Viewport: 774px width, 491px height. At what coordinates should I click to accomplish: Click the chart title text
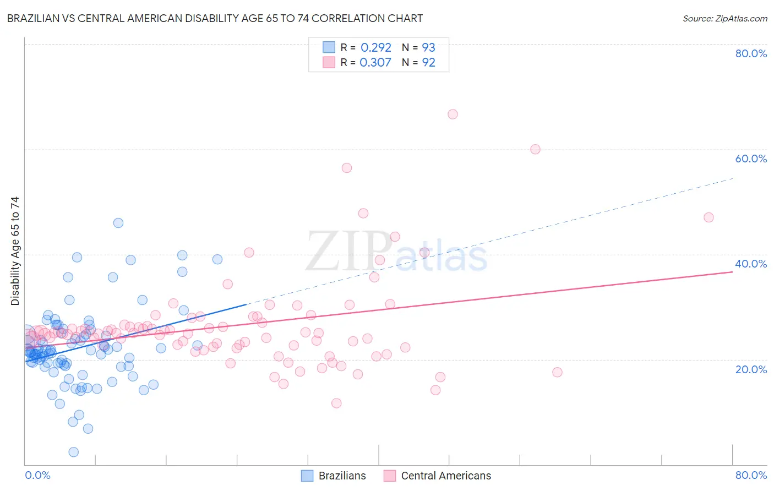point(215,18)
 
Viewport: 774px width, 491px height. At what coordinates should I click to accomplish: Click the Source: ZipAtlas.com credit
point(724,19)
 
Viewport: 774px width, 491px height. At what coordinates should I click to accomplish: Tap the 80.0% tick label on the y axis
point(751,53)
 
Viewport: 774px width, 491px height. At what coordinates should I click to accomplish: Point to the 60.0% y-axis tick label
point(751,159)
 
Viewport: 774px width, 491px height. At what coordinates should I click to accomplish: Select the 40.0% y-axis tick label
point(751,264)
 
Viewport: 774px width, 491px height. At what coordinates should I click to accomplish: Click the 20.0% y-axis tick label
point(751,369)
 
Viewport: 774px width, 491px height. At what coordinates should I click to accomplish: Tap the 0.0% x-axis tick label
point(37,475)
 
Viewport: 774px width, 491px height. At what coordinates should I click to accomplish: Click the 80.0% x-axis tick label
point(751,475)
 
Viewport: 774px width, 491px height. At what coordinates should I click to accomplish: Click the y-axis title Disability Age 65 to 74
point(15,251)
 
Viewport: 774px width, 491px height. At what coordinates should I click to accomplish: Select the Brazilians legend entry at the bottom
point(342,476)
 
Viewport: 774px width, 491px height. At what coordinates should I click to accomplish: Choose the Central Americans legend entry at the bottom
point(445,476)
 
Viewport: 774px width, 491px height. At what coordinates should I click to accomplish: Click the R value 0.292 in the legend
point(375,48)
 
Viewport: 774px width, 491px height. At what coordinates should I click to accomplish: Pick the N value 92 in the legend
point(428,63)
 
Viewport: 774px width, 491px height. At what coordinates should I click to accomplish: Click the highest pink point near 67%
point(453,114)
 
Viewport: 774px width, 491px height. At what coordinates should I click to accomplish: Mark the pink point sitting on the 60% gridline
point(535,149)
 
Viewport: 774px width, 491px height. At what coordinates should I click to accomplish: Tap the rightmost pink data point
point(708,217)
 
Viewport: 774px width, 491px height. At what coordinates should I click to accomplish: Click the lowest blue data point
point(73,452)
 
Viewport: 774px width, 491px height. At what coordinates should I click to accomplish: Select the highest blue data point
point(118,223)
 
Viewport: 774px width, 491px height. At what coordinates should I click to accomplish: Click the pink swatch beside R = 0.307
point(329,62)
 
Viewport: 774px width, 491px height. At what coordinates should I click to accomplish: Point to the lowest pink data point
point(336,403)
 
